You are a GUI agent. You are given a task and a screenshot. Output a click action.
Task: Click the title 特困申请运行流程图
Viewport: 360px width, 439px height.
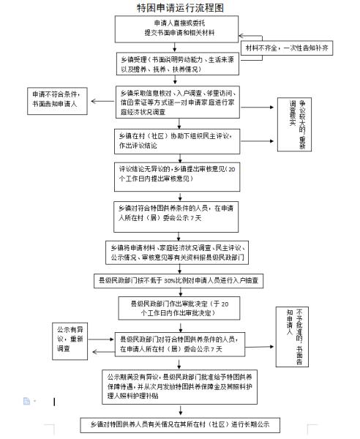tap(180, 7)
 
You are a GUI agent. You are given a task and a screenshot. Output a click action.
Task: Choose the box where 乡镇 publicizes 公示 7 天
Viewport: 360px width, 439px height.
tap(179, 212)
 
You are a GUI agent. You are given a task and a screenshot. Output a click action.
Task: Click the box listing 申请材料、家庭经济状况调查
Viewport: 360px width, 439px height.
tap(180, 251)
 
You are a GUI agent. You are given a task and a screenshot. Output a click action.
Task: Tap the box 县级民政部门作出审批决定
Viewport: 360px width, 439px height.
tap(180, 307)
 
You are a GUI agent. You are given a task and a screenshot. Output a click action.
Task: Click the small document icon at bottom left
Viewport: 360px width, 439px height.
tap(26, 401)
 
